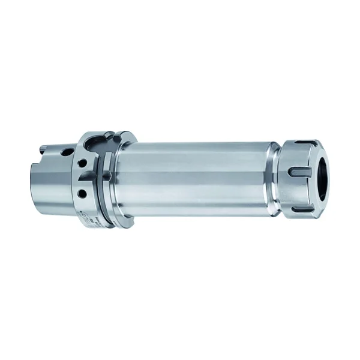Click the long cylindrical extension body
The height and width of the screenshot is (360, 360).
[x=192, y=177]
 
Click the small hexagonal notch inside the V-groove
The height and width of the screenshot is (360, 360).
[x=106, y=175]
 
